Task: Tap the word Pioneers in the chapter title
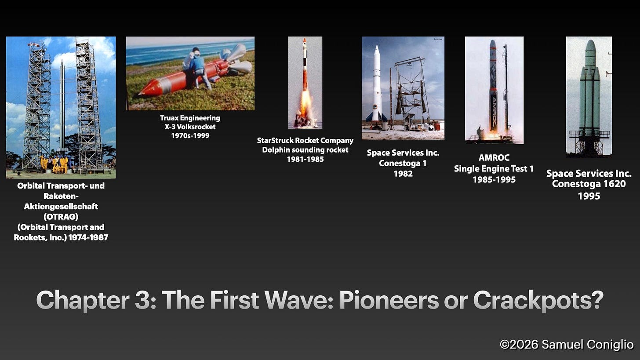click(x=389, y=300)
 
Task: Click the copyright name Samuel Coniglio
click(x=587, y=344)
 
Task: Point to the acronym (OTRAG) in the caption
click(x=61, y=217)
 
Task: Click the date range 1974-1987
click(x=88, y=237)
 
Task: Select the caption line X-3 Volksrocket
click(x=190, y=127)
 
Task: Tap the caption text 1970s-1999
click(x=190, y=135)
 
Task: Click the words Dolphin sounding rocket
click(x=305, y=150)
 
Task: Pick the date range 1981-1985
click(x=305, y=159)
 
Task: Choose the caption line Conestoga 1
click(x=403, y=163)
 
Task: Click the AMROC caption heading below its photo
click(x=494, y=157)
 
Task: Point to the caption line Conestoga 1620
click(x=589, y=184)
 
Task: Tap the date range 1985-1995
click(x=494, y=179)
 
